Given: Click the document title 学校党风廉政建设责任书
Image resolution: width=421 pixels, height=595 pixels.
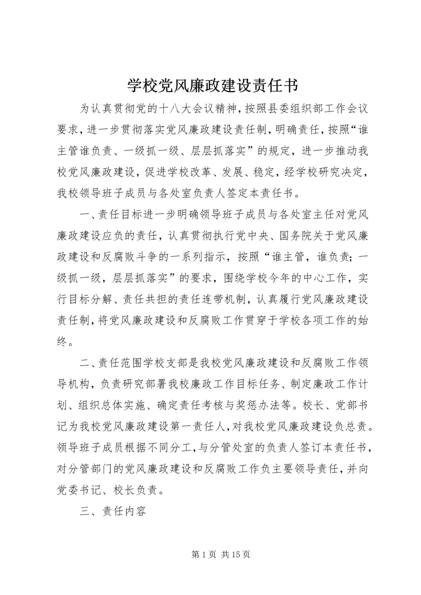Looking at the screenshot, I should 210,85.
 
